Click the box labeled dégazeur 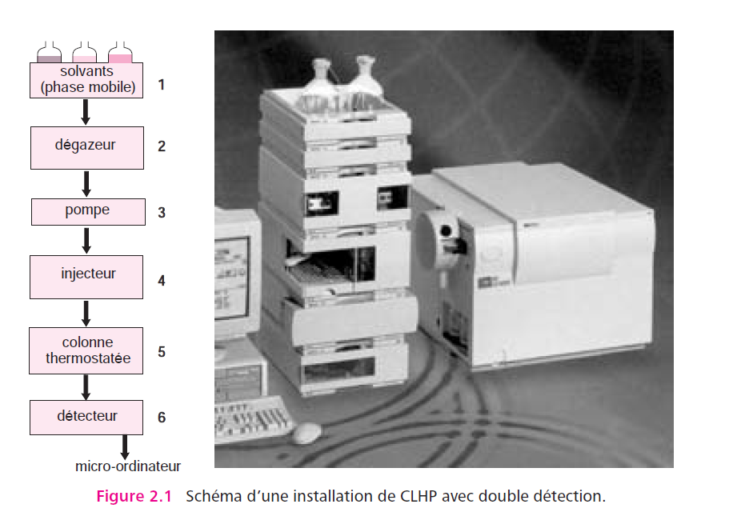coord(87,148)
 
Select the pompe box coord(88,211)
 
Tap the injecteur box coord(86,277)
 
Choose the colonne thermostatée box coord(86,350)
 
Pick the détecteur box coord(86,418)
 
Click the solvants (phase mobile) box coord(86,80)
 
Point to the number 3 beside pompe coord(162,213)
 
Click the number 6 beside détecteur coord(162,418)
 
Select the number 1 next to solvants coord(162,85)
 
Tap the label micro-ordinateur coord(128,466)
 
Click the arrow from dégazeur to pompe coord(86,183)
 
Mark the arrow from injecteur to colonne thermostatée coord(86,313)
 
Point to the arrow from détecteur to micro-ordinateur coord(125,447)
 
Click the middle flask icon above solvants coord(84,52)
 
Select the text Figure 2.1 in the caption coord(134,496)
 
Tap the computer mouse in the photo coord(307,433)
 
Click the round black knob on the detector coord(446,231)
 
